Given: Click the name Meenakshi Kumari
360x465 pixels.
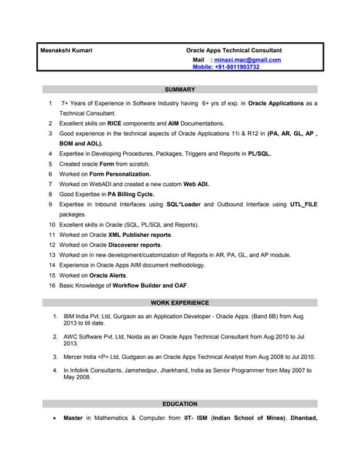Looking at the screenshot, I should tap(65, 50).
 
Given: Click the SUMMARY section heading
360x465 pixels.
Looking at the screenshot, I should tap(180, 89).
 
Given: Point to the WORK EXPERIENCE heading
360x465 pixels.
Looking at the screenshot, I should tap(180, 302).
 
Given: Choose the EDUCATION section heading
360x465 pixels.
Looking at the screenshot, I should tap(180, 404).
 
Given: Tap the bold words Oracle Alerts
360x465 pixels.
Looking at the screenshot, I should tap(108, 276).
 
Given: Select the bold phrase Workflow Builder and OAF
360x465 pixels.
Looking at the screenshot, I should tap(146, 286).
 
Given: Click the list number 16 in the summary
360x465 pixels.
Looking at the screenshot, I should tap(52, 286).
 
